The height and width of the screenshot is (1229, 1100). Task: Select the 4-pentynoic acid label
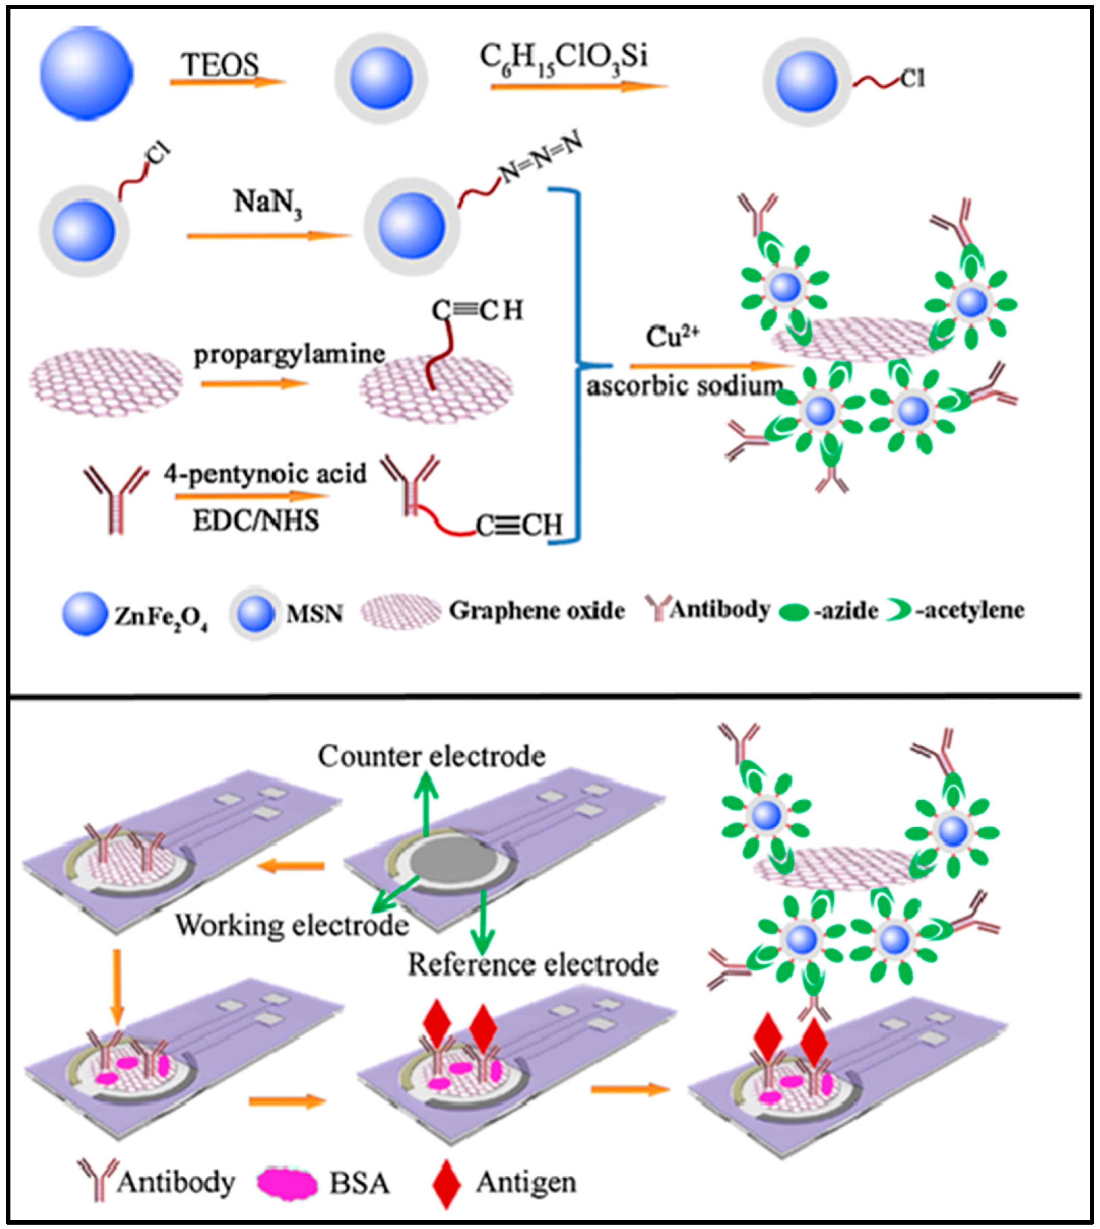coord(265,473)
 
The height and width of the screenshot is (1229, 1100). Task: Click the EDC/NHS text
coord(256,520)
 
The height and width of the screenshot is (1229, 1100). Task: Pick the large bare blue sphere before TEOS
coord(86,72)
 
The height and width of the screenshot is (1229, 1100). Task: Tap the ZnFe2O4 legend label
coord(161,616)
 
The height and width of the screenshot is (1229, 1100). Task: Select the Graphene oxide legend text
coord(536,611)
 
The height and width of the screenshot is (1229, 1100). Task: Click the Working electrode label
coord(292,926)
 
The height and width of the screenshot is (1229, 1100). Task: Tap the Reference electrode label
coord(533,964)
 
